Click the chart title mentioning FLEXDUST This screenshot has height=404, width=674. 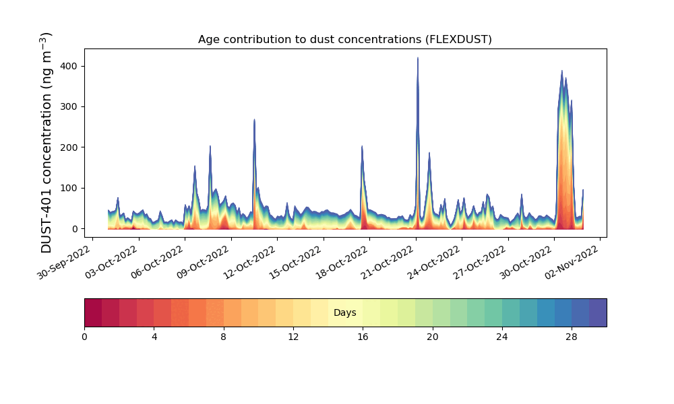[x=344, y=40]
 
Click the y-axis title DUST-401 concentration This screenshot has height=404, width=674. [x=46, y=143]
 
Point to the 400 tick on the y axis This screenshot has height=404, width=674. [x=69, y=66]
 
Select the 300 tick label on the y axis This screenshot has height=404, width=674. [x=69, y=107]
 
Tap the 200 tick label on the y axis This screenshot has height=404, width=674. [x=69, y=147]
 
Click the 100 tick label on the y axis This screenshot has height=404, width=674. [x=69, y=189]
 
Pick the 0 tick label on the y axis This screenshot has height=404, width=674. [x=75, y=229]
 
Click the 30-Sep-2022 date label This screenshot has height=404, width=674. [x=63, y=263]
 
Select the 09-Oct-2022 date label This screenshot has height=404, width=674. [x=202, y=263]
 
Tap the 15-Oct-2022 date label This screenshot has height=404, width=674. [x=295, y=263]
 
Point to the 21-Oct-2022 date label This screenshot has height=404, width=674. [x=388, y=263]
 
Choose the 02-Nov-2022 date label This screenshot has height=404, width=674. [x=572, y=263]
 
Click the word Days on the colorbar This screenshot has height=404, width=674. [x=344, y=312]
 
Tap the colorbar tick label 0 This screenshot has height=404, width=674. [x=85, y=337]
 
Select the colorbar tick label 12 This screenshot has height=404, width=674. [x=293, y=337]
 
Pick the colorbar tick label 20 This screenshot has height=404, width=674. [x=433, y=337]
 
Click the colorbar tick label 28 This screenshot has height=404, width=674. [x=572, y=337]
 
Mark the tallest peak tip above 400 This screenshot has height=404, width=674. [x=417, y=57]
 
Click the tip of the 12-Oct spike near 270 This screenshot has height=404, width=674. [x=255, y=119]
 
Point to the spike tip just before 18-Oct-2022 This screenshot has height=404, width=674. [x=362, y=146]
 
